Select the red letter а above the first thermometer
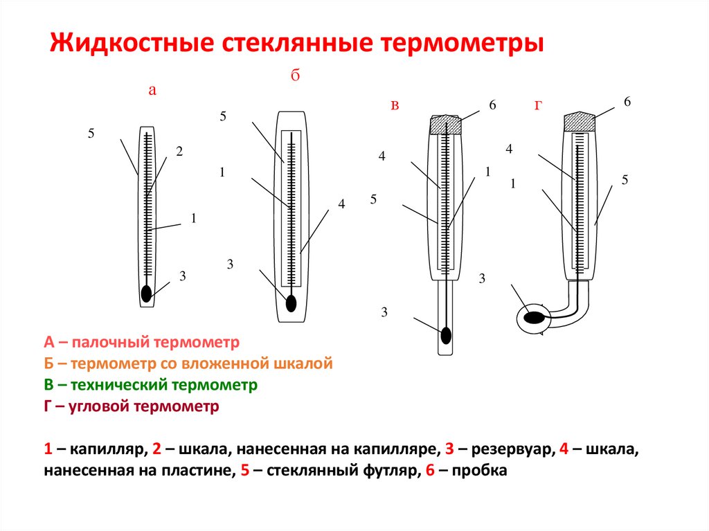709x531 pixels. [x=153, y=90]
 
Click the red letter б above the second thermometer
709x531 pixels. [x=294, y=77]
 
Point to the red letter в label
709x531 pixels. [x=395, y=105]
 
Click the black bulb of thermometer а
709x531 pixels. [x=146, y=294]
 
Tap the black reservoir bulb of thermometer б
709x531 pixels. [x=291, y=303]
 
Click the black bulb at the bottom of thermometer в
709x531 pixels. [x=447, y=336]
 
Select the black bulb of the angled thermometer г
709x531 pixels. [x=534, y=318]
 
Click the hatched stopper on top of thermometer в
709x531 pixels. [x=445, y=125]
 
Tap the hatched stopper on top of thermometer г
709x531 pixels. [x=580, y=122]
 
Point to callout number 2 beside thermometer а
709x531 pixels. [x=179, y=151]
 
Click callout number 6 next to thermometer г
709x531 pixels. [x=627, y=102]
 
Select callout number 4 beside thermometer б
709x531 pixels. [x=341, y=204]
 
